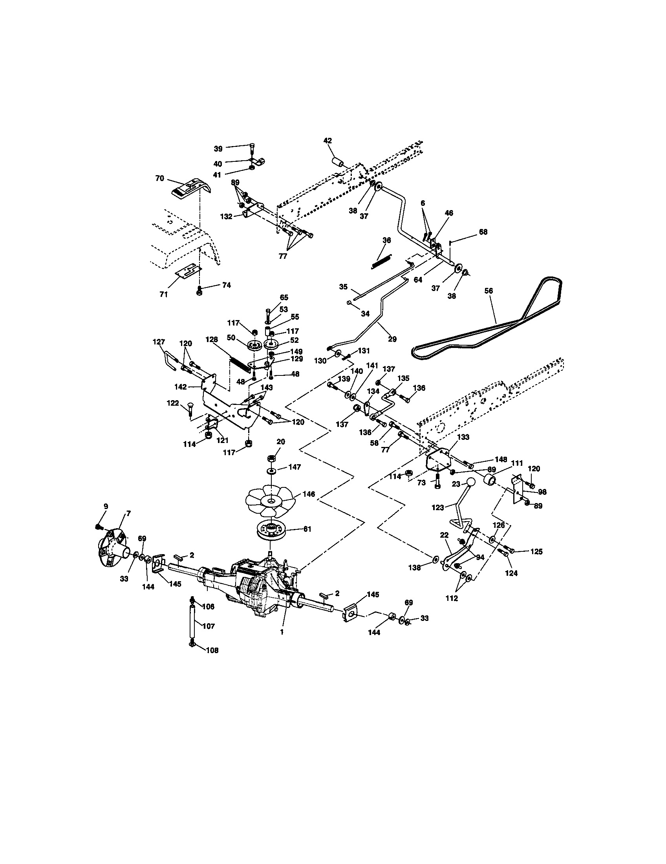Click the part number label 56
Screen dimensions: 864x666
click(x=489, y=291)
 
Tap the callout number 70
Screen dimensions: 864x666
click(x=159, y=178)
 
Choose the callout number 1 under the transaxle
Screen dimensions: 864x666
click(x=282, y=633)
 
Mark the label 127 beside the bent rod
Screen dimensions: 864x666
click(x=159, y=342)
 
